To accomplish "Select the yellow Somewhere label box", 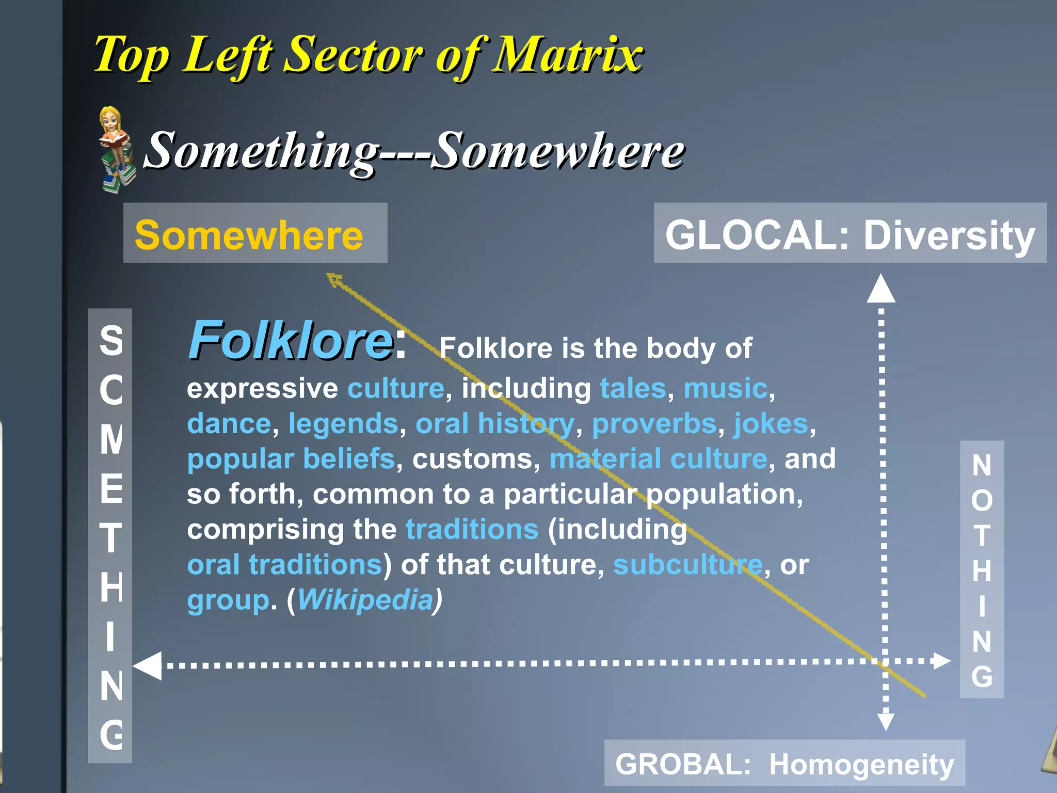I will (x=255, y=233).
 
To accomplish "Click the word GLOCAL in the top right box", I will (x=751, y=235).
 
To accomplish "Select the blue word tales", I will (x=633, y=388).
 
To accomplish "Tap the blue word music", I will (x=725, y=388).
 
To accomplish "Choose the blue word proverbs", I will (x=654, y=424).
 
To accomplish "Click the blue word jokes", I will (x=771, y=424).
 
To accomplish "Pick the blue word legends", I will (x=343, y=424).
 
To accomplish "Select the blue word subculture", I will (x=687, y=565).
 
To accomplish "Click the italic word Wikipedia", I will (x=365, y=600).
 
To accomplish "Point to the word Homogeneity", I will (x=861, y=765).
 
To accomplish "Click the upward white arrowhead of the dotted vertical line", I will (x=880, y=289).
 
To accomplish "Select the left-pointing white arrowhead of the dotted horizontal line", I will (x=148, y=665).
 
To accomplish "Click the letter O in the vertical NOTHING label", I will (x=982, y=500).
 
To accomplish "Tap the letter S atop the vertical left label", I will (x=111, y=340).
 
